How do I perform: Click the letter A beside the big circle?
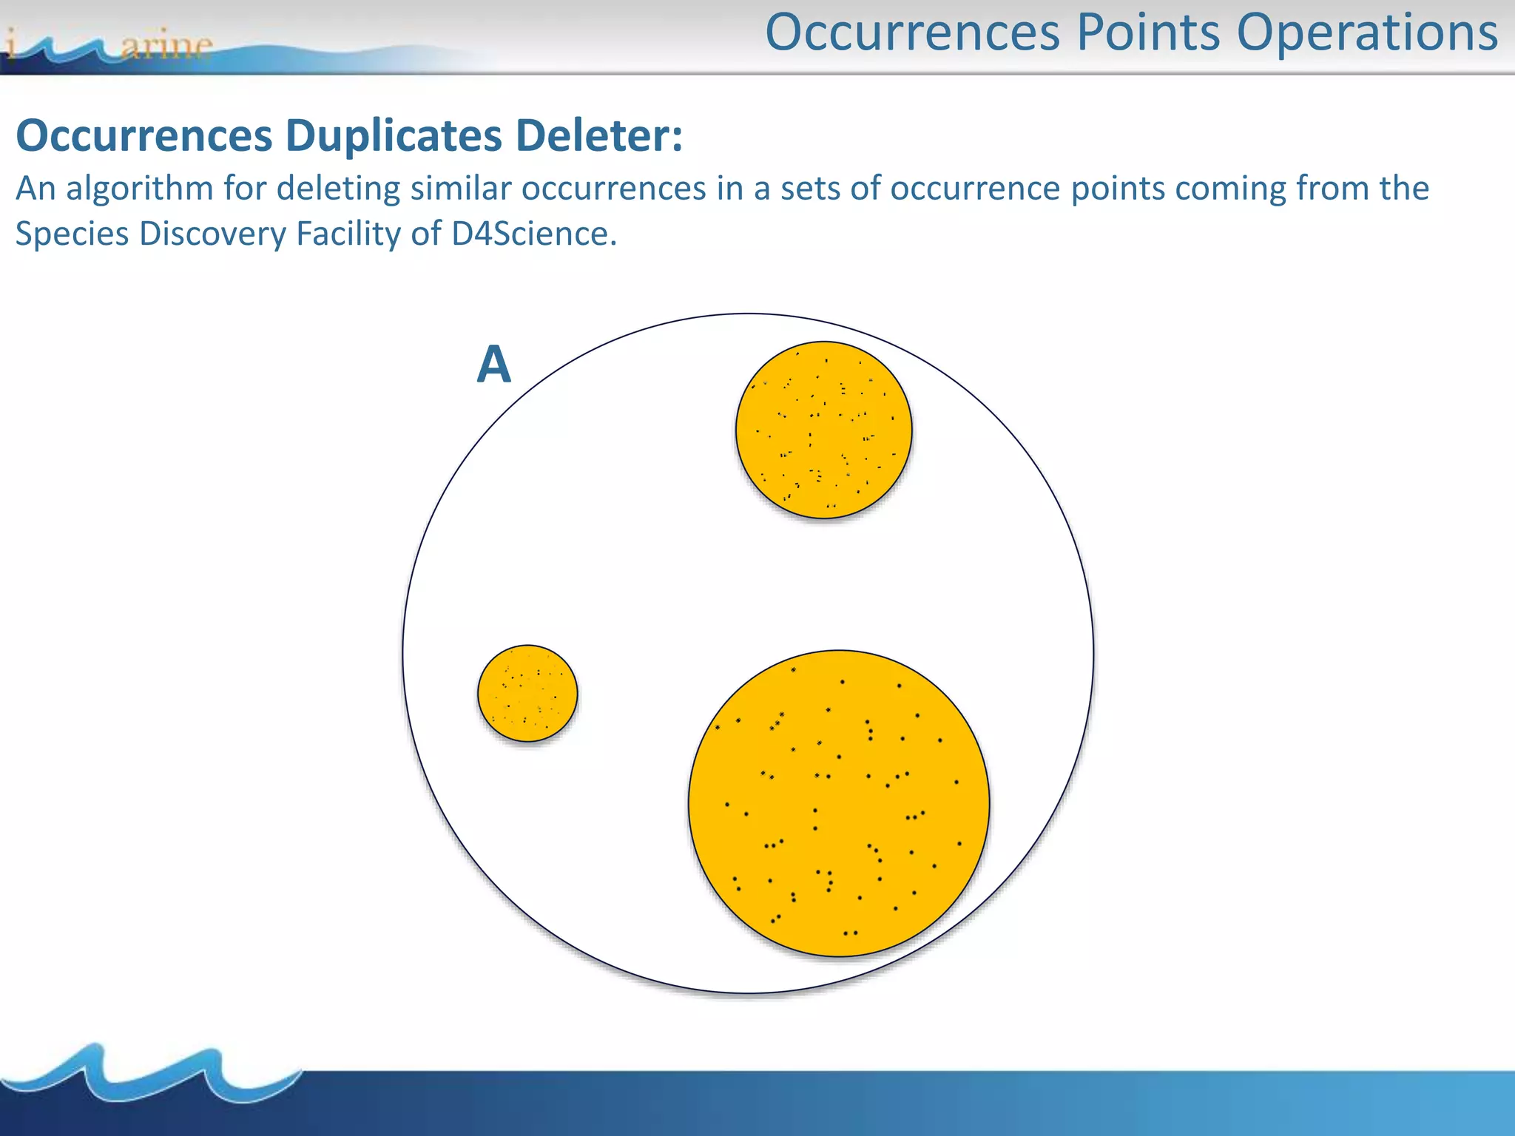[x=494, y=365]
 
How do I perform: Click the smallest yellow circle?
[x=527, y=693]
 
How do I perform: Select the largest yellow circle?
[x=839, y=803]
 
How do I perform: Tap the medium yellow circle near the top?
[x=823, y=430]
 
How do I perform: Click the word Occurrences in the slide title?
[x=913, y=33]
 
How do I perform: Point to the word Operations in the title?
[x=1367, y=33]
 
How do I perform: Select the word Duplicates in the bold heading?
[x=394, y=136]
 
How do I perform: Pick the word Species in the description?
[x=72, y=234]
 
